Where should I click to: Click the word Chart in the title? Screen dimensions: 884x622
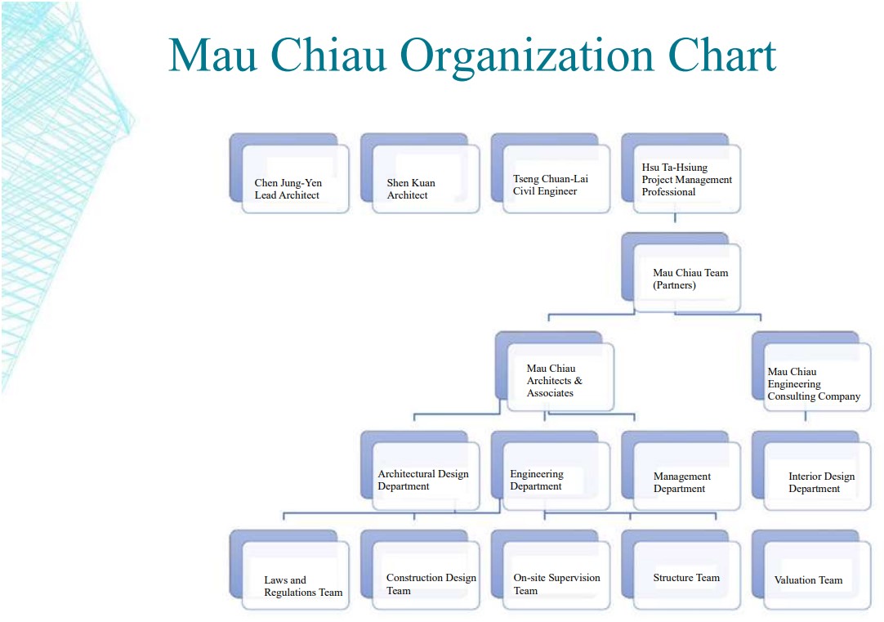(x=722, y=56)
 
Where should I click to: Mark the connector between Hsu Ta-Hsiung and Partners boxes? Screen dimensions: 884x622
(x=675, y=218)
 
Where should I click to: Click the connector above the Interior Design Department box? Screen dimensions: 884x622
(x=805, y=417)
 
